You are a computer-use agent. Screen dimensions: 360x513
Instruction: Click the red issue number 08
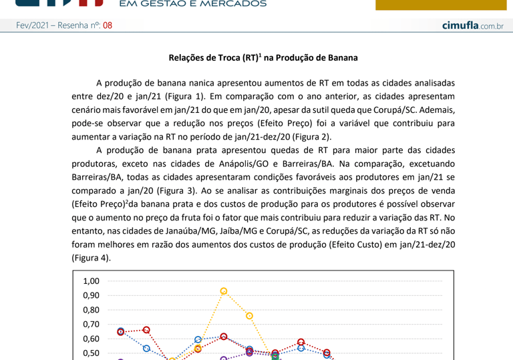click(x=108, y=26)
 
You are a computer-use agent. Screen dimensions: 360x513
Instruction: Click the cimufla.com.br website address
click(x=472, y=26)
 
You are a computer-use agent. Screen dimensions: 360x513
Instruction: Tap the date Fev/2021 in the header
click(x=33, y=26)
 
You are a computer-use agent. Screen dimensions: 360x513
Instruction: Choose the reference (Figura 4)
click(x=91, y=258)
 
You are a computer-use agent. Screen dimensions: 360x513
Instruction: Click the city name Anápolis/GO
click(x=250, y=164)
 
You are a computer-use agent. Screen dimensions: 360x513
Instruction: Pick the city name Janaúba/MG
click(x=189, y=231)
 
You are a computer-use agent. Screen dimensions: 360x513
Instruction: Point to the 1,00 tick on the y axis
click(x=91, y=281)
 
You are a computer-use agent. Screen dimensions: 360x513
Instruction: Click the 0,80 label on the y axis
click(x=91, y=310)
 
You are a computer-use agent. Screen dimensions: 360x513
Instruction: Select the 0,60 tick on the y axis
click(x=91, y=339)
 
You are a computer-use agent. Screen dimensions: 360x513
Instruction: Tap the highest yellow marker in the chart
click(x=224, y=291)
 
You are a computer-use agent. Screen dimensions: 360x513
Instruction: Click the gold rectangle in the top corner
click(x=440, y=5)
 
